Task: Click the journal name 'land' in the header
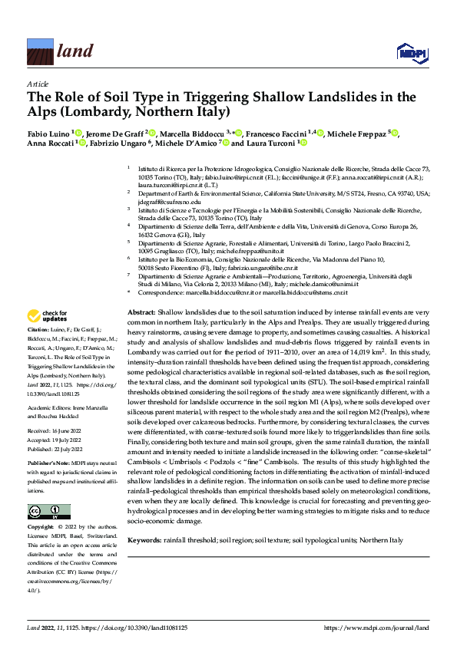[x=75, y=51]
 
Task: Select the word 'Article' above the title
[x=38, y=84]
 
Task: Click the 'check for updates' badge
[x=47, y=315]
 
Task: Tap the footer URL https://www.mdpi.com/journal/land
[x=377, y=628]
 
